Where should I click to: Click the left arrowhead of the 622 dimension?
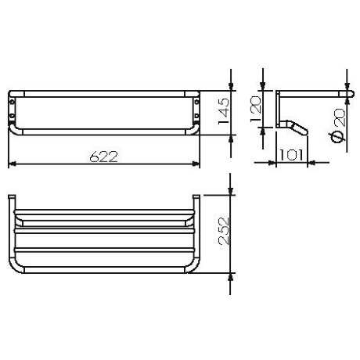click(12, 165)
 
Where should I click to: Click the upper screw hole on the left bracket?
click(13, 99)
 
